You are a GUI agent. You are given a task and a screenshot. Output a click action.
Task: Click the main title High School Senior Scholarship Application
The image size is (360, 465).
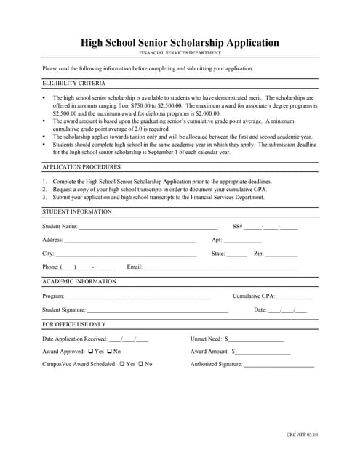pos(180,43)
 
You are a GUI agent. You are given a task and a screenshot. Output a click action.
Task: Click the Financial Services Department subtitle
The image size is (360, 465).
pos(180,54)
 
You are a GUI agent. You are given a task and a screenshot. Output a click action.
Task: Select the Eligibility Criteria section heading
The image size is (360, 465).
pos(73,84)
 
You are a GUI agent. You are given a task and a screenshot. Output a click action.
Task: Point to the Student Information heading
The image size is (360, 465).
pos(77,211)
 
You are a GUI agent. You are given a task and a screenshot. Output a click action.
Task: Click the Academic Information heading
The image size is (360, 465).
pos(79,281)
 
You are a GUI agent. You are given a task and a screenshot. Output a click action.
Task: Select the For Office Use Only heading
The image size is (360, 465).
pos(73,324)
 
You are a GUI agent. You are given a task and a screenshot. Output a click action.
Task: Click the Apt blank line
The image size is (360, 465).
pos(242,241)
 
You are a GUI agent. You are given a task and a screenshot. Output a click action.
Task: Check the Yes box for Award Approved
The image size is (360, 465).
pos(90,352)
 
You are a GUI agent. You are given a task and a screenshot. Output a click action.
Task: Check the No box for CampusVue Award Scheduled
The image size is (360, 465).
pos(140,364)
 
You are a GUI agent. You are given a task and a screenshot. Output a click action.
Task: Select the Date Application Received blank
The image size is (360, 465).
pos(128,339)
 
